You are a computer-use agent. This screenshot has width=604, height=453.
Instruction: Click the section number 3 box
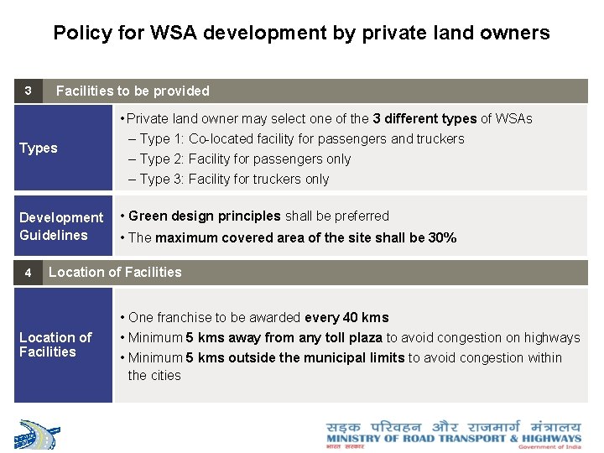click(28, 91)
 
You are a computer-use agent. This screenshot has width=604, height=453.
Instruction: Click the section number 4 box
click(28, 273)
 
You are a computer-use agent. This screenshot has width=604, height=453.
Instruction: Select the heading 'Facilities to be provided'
click(133, 91)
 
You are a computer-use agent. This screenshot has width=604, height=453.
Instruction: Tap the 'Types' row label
click(39, 148)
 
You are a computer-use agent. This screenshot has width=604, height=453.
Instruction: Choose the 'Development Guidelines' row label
click(60, 226)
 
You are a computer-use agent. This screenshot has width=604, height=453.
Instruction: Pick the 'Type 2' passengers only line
click(245, 159)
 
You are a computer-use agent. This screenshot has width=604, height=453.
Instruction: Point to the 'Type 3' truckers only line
click(234, 180)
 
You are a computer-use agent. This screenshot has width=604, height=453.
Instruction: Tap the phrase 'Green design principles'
click(205, 216)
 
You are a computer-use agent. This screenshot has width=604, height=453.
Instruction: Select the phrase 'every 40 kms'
click(346, 318)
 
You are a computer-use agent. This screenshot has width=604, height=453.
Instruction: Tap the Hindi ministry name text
click(453, 426)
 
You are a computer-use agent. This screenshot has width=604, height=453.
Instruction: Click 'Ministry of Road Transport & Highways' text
click(453, 438)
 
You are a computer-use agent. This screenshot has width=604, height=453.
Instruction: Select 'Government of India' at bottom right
click(549, 447)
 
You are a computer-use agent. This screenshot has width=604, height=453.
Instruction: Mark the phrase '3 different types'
click(424, 119)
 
